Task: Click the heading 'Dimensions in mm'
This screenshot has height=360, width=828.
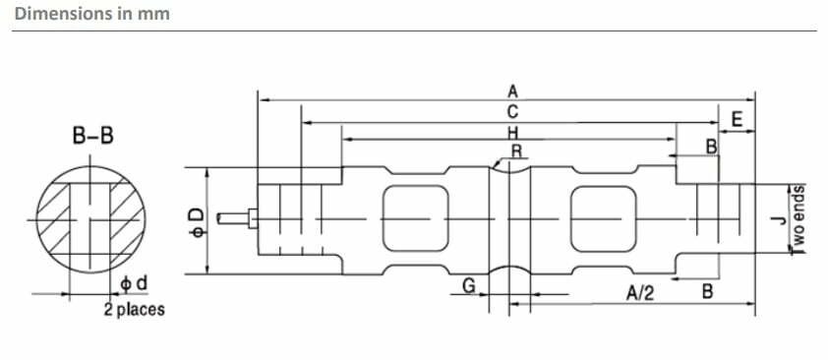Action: pos(92,13)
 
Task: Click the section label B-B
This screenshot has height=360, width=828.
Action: pos(93,136)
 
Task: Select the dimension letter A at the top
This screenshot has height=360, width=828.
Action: pos(512,91)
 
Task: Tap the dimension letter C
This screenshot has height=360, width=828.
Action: pos(512,112)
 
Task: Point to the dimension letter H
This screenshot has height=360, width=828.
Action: pos(512,132)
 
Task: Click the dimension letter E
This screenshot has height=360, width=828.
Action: pos(738,120)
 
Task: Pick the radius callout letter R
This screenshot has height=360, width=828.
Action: pos(517,150)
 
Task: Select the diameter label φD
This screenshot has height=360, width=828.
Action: pos(197,221)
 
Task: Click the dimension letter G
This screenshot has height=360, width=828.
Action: pos(468,285)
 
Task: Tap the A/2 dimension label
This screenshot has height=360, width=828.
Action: pos(640,292)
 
